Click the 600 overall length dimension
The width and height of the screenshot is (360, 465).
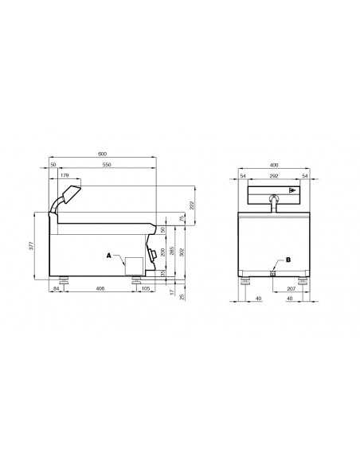102,154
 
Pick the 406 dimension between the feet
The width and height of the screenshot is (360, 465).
100,287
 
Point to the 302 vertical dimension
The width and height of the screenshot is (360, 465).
183,251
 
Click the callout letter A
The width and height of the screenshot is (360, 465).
108,256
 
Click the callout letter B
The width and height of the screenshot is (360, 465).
288,260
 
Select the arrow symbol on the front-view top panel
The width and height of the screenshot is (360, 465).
292,190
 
